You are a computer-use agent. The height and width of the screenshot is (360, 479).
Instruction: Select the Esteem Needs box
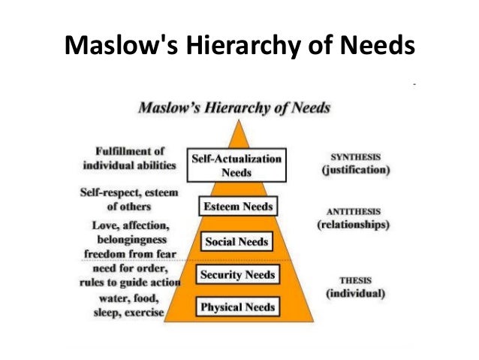pos(237,206)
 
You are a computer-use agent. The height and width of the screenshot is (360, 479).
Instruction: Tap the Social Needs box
pos(236,241)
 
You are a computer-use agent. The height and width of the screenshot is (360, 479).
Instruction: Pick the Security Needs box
pos(236,274)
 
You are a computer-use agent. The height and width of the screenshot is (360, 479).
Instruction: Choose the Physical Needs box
pos(236,307)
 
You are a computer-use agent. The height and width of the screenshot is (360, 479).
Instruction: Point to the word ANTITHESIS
pos(356,210)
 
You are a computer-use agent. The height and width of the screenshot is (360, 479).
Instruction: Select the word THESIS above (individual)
pos(356,280)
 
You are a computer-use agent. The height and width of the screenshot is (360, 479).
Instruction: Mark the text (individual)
pos(356,293)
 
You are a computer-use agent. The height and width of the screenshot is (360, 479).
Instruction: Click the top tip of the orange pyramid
pos(239,119)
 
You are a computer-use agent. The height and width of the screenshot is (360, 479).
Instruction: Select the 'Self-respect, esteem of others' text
pos(129,199)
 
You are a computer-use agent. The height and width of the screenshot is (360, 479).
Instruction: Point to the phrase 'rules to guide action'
pos(130,282)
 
